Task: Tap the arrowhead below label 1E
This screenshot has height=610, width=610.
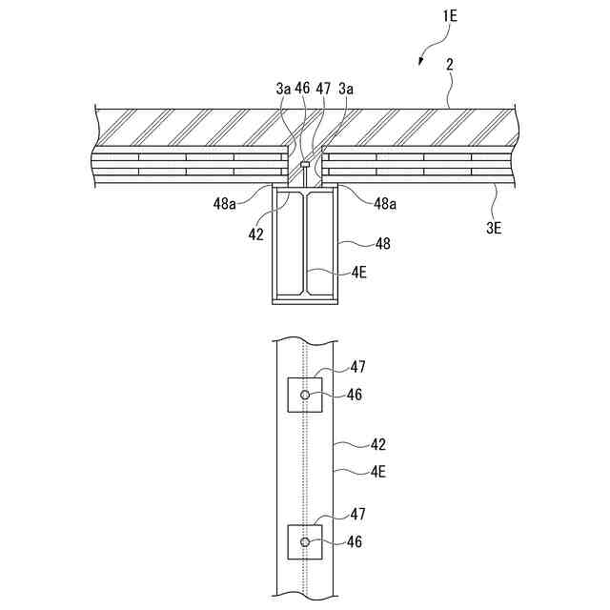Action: click(420, 63)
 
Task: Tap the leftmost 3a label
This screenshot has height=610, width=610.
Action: click(283, 88)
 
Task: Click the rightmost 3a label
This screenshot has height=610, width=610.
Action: click(346, 88)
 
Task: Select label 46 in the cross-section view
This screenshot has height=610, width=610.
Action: click(303, 88)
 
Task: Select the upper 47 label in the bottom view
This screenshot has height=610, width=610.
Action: click(357, 366)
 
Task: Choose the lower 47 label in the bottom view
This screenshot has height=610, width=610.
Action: click(357, 515)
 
